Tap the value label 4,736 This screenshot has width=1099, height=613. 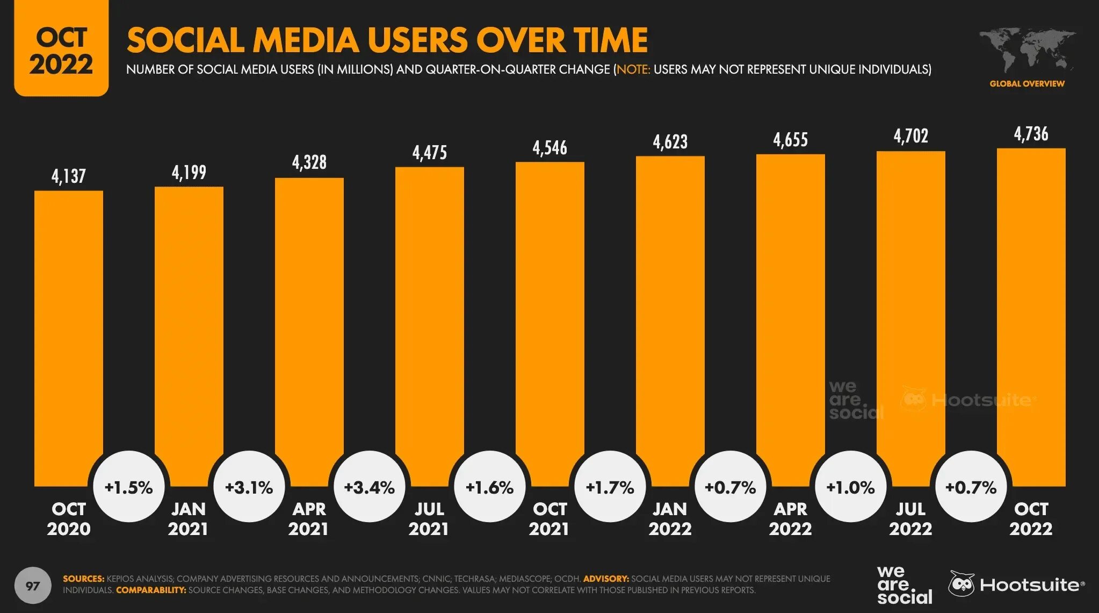point(1031,134)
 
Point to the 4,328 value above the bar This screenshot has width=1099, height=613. point(309,162)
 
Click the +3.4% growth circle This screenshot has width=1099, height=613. point(370,487)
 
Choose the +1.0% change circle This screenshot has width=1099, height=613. point(850,487)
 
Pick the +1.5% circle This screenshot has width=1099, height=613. point(129,487)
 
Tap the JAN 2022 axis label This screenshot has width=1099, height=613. point(670,519)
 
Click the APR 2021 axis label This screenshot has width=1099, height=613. point(308,519)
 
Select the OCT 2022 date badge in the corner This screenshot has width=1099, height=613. point(61,50)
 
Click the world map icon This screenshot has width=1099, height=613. point(1026,49)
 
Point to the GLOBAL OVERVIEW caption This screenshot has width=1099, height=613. point(1026,84)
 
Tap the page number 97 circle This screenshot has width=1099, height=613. point(33,585)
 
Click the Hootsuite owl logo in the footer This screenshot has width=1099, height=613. point(961,584)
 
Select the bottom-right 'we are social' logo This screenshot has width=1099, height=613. point(904,585)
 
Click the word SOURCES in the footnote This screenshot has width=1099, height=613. point(83,579)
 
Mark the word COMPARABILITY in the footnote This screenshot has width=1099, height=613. point(151,590)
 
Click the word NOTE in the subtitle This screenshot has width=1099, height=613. point(633,69)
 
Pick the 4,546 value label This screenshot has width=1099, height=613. point(549,148)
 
